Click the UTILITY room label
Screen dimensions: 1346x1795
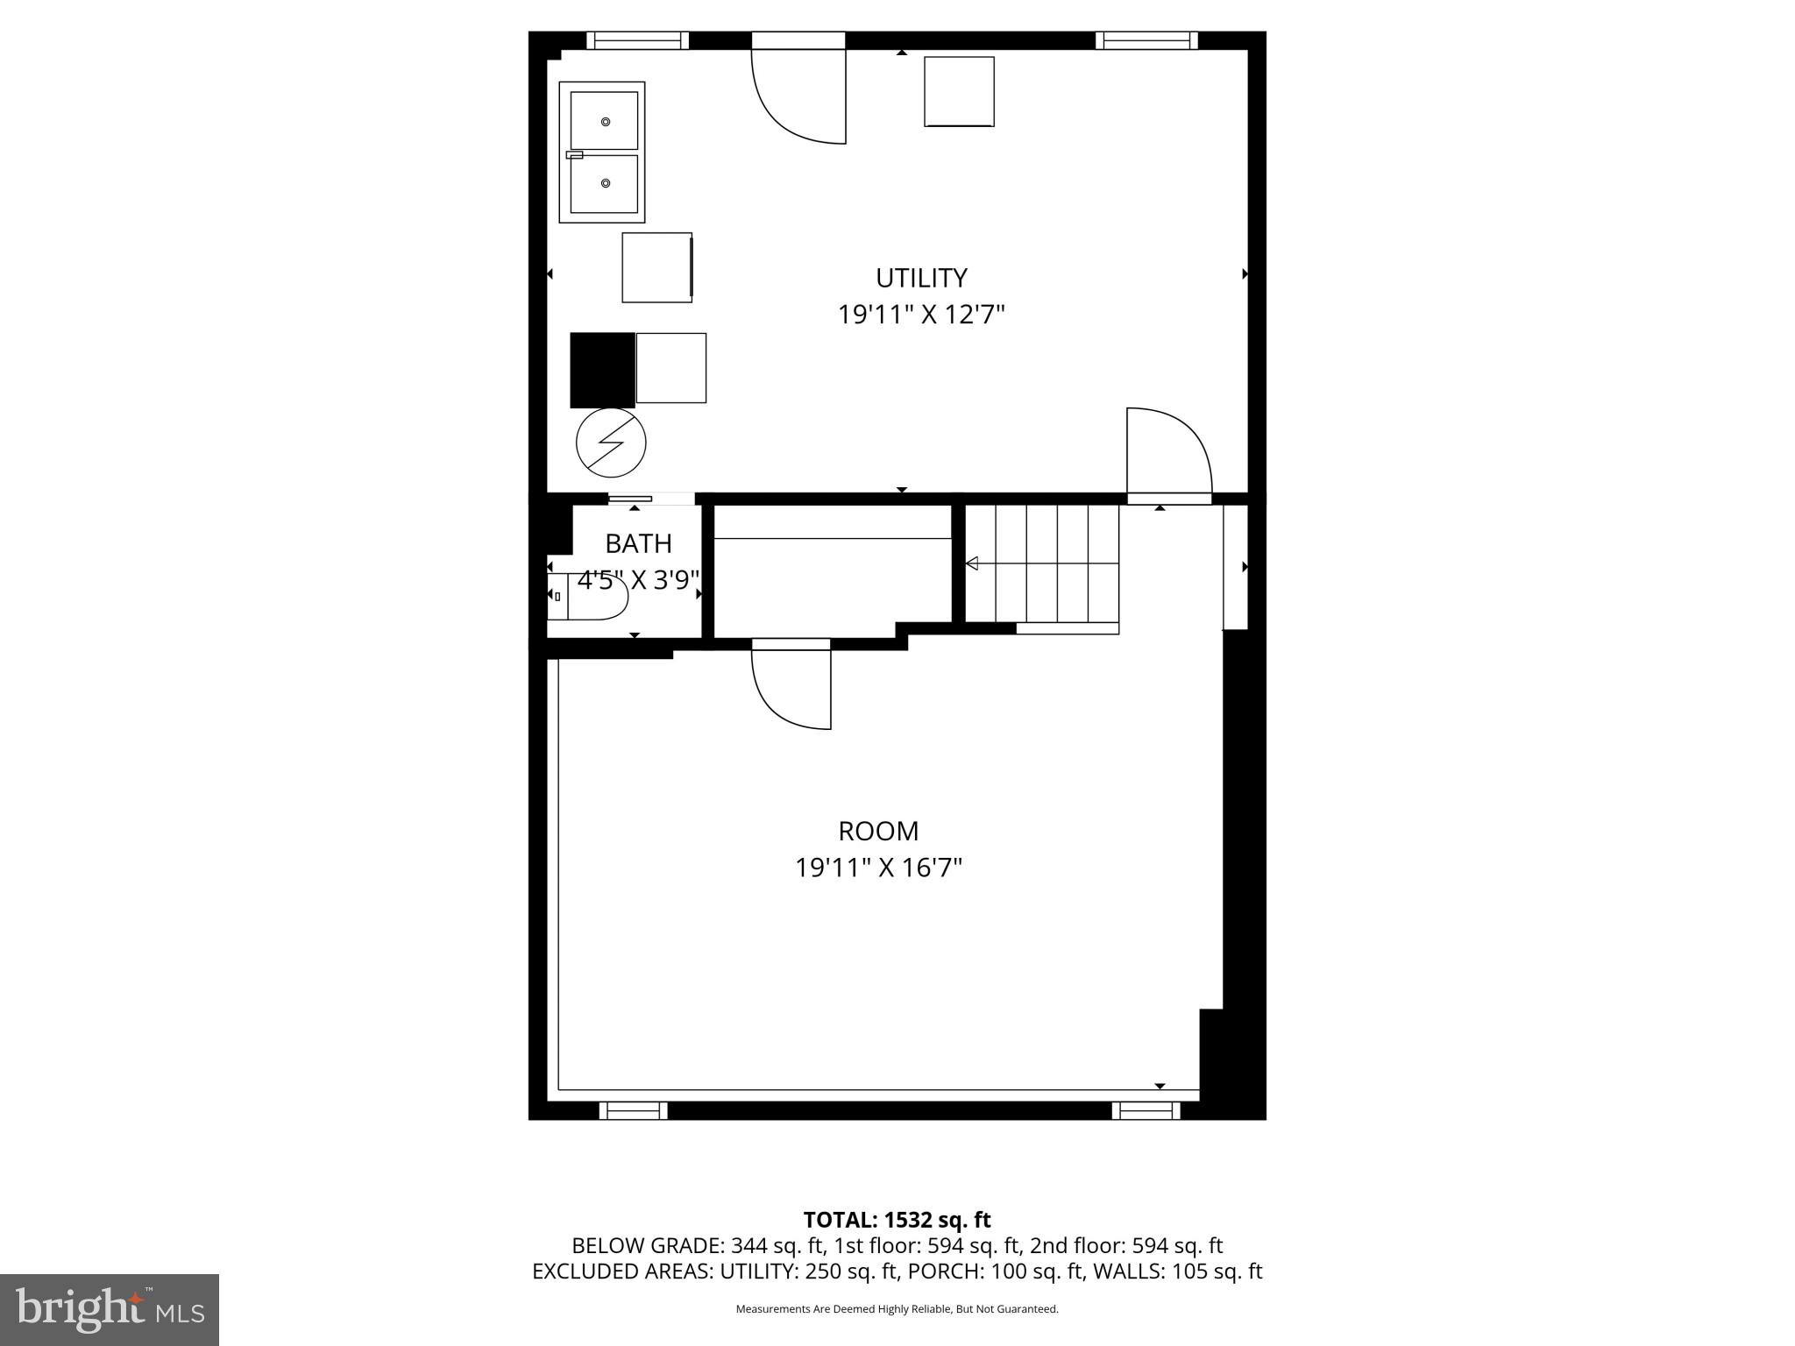tap(921, 278)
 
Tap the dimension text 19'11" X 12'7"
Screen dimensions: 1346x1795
tap(920, 315)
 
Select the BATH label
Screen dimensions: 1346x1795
tap(638, 544)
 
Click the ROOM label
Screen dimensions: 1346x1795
tap(878, 831)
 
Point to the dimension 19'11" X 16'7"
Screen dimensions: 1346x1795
tap(878, 868)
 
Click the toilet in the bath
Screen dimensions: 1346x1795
tap(589, 596)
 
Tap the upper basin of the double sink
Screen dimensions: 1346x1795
tap(604, 121)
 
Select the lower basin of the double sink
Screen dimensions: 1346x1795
tap(604, 184)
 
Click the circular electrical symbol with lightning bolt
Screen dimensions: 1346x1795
tap(611, 443)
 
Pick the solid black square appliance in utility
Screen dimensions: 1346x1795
tap(602, 370)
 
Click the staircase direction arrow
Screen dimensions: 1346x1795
tap(972, 563)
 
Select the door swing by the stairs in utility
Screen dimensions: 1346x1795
tap(1168, 451)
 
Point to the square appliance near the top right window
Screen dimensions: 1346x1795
tap(959, 92)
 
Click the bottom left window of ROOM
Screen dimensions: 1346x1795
tap(633, 1110)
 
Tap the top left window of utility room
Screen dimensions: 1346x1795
tap(637, 40)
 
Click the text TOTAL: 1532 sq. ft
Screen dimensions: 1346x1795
tap(897, 1220)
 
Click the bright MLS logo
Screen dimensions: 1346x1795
tap(110, 1309)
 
